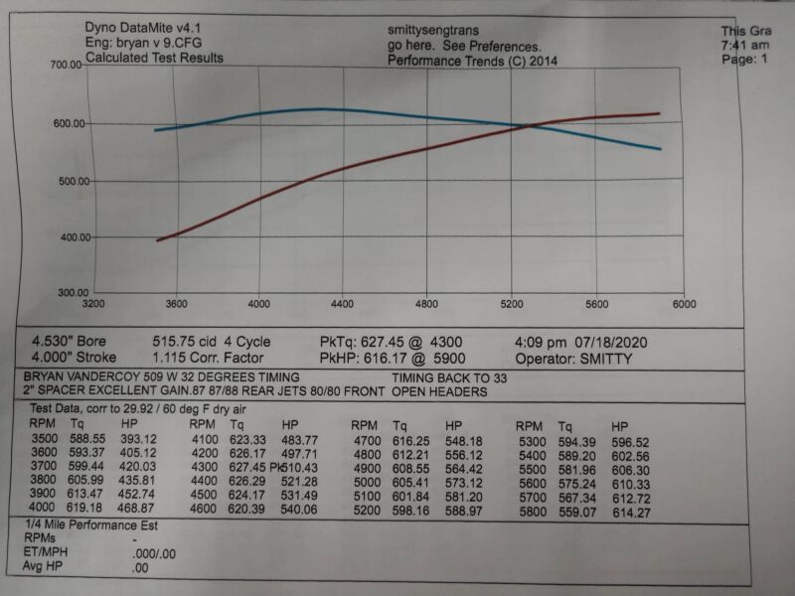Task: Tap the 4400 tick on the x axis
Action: click(x=343, y=303)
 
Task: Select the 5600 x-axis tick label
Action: click(x=598, y=303)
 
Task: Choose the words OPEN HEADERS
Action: click(x=438, y=392)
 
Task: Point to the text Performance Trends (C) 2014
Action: click(x=472, y=62)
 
